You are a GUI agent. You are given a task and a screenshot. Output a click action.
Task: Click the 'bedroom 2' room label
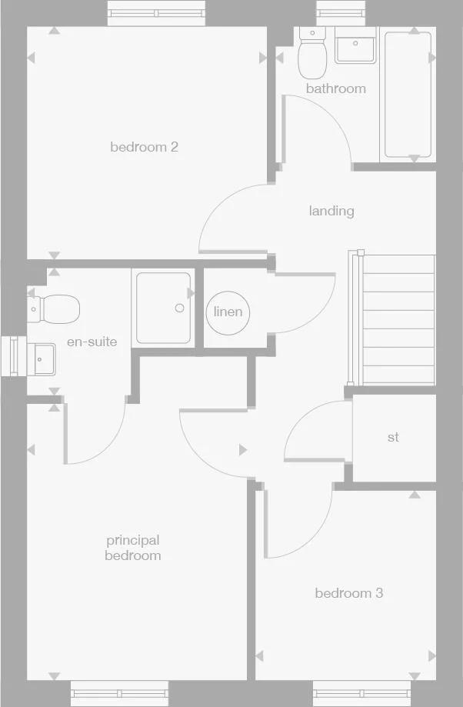(144, 146)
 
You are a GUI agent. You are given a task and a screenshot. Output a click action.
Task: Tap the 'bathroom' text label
(335, 88)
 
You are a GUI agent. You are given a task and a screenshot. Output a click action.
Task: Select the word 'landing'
(331, 210)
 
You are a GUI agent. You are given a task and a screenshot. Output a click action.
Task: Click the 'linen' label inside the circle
(228, 312)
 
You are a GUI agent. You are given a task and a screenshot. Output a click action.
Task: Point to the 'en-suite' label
(92, 342)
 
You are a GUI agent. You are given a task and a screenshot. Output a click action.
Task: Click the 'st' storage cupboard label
(393, 437)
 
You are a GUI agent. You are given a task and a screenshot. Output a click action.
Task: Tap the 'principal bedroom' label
(133, 548)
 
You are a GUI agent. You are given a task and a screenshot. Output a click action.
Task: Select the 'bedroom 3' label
(348, 593)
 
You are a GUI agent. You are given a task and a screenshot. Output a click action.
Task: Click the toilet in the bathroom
(313, 56)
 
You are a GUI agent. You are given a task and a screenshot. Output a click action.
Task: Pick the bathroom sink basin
(355, 47)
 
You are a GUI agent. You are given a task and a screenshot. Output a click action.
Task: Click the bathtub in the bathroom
(408, 95)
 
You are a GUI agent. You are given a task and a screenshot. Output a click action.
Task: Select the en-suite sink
(42, 358)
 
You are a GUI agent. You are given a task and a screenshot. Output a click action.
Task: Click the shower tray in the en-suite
(163, 308)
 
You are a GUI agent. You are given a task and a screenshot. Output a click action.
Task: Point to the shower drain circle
(180, 308)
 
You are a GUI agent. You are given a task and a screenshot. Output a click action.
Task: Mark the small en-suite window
(13, 356)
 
